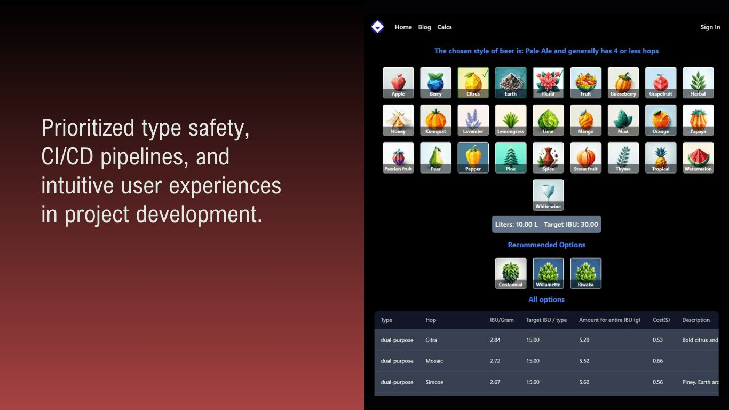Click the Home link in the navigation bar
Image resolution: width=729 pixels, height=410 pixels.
tap(403, 27)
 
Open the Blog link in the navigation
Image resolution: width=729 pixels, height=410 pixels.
tap(424, 27)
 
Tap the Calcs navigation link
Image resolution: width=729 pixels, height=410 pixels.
tap(444, 27)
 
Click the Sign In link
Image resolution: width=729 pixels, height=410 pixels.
tap(710, 27)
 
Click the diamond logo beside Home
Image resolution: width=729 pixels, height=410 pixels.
tap(377, 27)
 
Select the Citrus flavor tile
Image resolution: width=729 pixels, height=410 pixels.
tap(473, 82)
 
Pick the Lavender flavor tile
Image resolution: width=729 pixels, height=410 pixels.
tap(473, 120)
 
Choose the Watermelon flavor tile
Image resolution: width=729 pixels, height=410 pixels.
tap(698, 157)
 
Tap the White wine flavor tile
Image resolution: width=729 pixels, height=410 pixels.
tap(548, 195)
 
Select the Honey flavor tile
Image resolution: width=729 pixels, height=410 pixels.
tap(398, 120)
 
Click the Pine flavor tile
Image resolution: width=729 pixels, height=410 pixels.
tap(511, 157)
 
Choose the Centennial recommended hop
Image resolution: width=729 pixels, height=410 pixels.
tap(511, 273)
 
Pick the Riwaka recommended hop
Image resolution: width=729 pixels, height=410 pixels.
tap(585, 273)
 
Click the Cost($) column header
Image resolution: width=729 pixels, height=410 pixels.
tap(661, 320)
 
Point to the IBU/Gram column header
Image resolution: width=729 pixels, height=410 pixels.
tap(502, 320)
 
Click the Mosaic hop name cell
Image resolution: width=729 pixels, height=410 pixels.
tap(434, 361)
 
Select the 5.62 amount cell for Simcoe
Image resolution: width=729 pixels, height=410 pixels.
tap(584, 382)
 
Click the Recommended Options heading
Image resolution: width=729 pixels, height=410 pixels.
tap(546, 245)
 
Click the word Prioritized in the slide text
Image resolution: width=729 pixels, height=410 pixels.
tap(88, 129)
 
